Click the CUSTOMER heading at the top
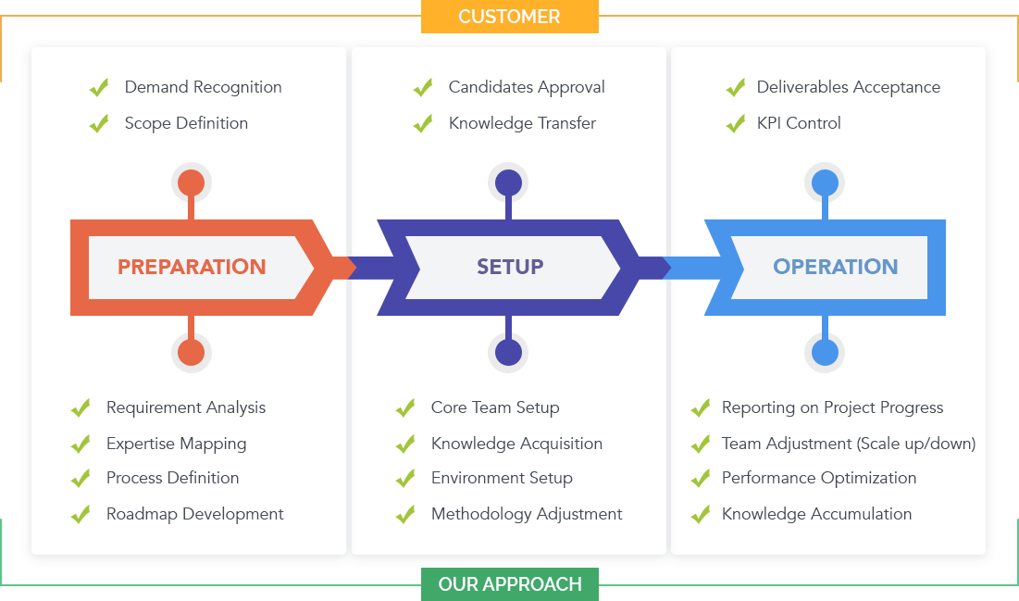(509, 17)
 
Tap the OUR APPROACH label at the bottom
(510, 584)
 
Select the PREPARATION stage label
(192, 267)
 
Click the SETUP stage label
(510, 267)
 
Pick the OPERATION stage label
(836, 267)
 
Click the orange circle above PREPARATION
(191, 182)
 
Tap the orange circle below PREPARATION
(191, 352)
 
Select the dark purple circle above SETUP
(508, 182)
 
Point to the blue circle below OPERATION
(825, 352)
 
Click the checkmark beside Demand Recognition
(99, 88)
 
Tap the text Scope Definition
(186, 123)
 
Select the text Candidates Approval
(527, 87)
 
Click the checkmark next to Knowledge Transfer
(423, 123)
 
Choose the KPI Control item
(799, 123)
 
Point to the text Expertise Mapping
(176, 444)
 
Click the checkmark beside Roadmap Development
(81, 514)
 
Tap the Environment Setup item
(502, 478)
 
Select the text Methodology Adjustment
(527, 514)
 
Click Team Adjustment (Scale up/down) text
(849, 444)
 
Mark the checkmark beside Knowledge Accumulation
(702, 514)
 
